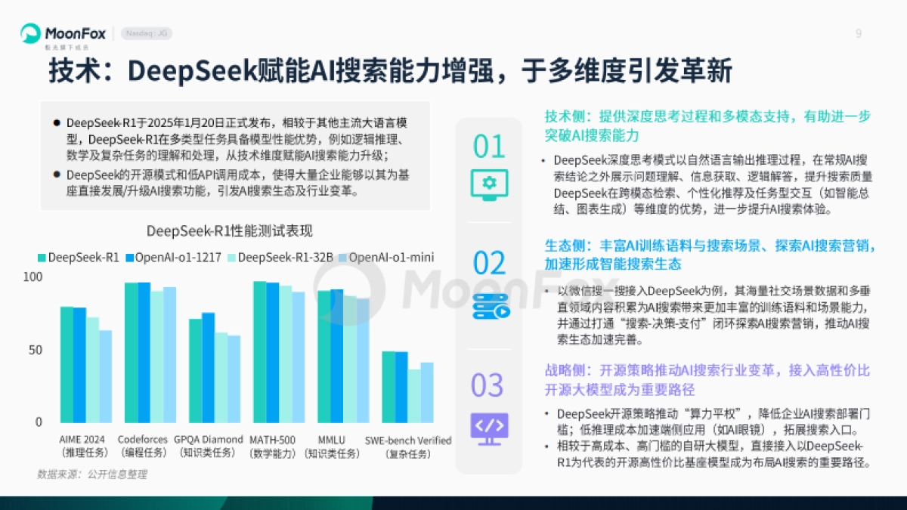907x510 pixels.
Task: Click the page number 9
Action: coord(858,33)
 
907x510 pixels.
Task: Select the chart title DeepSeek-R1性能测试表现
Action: coord(229,230)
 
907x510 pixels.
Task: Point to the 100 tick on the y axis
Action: coord(33,278)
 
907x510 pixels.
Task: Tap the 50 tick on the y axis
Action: coord(36,351)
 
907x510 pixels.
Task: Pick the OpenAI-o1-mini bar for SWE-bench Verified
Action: coord(427,392)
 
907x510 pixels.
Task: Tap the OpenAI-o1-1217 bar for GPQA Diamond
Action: coord(209,367)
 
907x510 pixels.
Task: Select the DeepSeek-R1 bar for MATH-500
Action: coord(260,351)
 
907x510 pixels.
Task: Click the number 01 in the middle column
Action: coord(488,147)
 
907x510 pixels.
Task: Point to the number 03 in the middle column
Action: coord(488,385)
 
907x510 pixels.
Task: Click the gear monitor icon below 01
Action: coord(488,183)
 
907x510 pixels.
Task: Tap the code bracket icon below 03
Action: coord(489,425)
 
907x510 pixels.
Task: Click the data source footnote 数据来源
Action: coord(92,474)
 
